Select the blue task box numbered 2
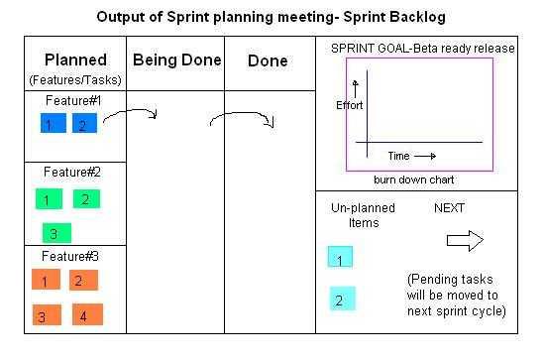tap(84, 124)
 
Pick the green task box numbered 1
tap(47, 199)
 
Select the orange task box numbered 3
tap(44, 316)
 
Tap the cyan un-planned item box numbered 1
tap(340, 259)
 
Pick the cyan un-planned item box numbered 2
tap(342, 299)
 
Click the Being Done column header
tap(176, 60)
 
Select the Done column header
tap(267, 60)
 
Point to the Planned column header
tap(76, 60)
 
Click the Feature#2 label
tap(71, 172)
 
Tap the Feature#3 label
tap(71, 256)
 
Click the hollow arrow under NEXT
tap(464, 240)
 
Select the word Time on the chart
tap(398, 156)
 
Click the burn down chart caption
tap(413, 180)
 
